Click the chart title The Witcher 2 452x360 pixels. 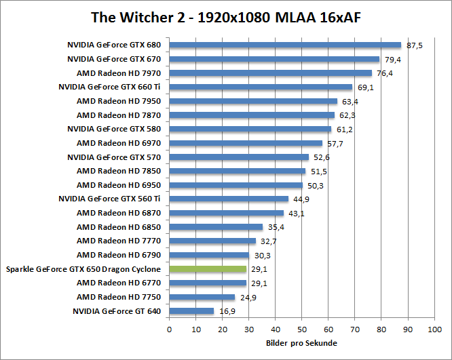pyautogui.click(x=225, y=17)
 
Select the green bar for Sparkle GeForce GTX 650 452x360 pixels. pyautogui.click(x=208, y=269)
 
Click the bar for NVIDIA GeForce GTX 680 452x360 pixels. pyautogui.click(x=285, y=45)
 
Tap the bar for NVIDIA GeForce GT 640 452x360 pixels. pyautogui.click(x=191, y=311)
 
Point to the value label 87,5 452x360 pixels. pyautogui.click(x=415, y=45)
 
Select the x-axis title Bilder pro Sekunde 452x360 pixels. pyautogui.click(x=301, y=343)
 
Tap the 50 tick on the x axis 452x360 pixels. pyautogui.click(x=301, y=329)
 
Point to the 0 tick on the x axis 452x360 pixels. pyautogui.click(x=169, y=329)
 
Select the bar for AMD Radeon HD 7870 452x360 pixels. pyautogui.click(x=252, y=115)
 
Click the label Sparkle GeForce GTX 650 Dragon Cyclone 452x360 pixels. pyautogui.click(x=83, y=269)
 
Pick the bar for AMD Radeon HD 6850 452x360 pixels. pyautogui.click(x=216, y=227)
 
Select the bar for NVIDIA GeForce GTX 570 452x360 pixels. pyautogui.click(x=239, y=157)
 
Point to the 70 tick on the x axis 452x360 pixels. pyautogui.click(x=354, y=329)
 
